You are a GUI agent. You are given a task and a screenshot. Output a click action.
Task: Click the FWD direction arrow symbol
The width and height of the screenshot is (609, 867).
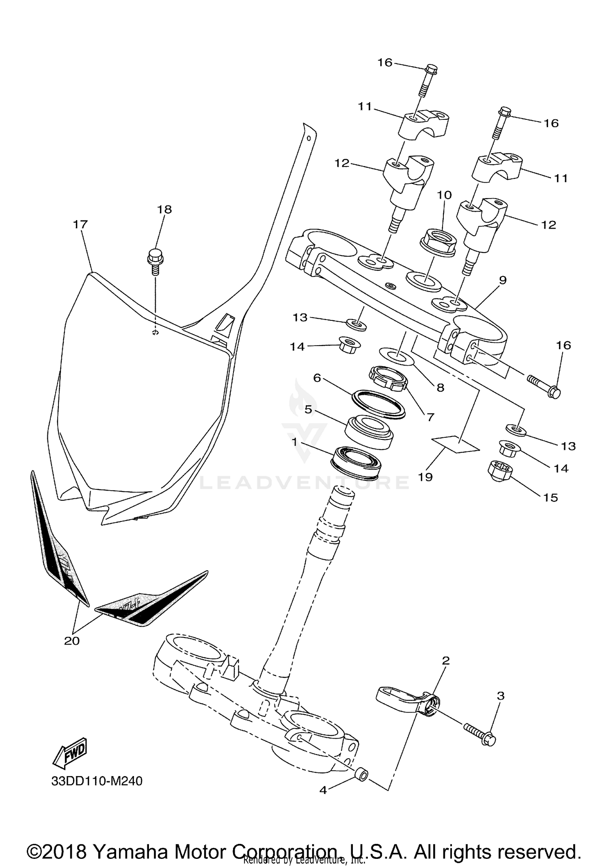tap(70, 752)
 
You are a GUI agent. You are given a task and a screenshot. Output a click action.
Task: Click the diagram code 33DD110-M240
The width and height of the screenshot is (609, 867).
tap(97, 781)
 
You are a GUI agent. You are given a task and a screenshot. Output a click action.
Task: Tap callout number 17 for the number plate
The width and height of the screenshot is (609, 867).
tap(80, 224)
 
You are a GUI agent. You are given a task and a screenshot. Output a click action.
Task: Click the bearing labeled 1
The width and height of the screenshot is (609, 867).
tap(356, 461)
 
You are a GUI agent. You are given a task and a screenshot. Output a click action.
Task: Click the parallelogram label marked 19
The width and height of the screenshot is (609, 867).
tap(455, 444)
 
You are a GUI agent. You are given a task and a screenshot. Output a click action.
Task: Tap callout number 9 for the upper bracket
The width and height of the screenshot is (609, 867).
tap(503, 280)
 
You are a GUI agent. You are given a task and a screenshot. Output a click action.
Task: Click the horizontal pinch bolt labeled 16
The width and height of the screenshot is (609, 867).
tap(544, 386)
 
